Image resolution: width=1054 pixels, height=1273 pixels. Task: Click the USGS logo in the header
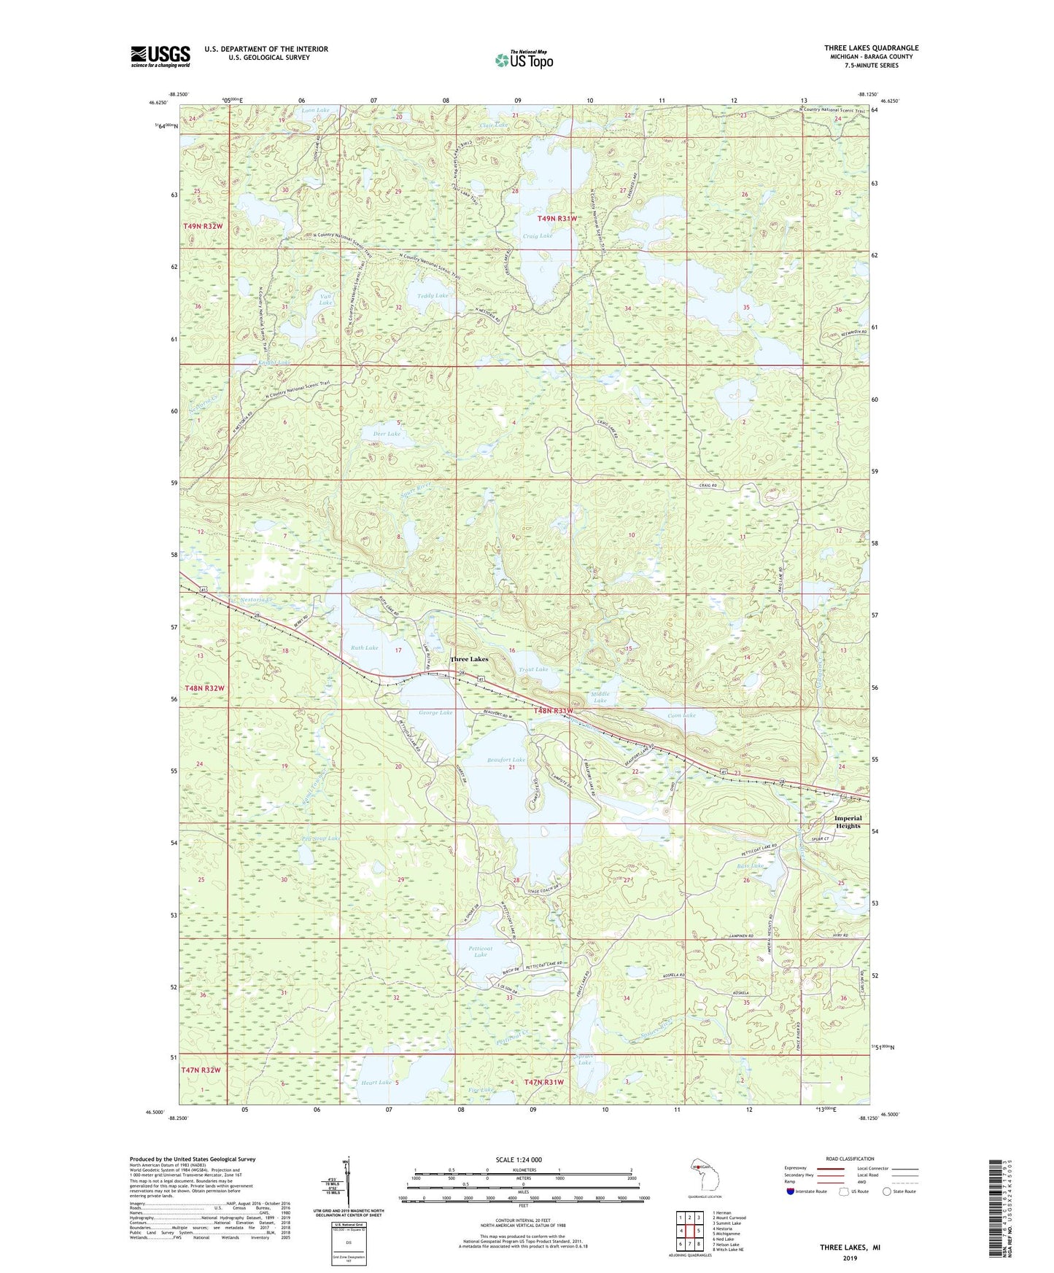click(x=160, y=56)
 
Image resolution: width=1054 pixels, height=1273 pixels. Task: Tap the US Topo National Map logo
click(x=523, y=60)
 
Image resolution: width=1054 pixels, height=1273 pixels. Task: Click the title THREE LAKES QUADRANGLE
click(x=871, y=48)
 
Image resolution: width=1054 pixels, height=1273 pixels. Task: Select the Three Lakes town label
click(x=469, y=659)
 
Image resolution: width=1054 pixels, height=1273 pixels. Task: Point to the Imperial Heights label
click(x=848, y=822)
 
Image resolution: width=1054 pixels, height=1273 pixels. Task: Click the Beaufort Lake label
click(x=506, y=760)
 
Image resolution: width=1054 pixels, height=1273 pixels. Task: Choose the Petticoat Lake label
click(x=480, y=952)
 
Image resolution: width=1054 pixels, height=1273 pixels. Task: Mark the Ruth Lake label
click(x=365, y=647)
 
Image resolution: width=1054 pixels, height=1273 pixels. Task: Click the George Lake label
click(x=435, y=712)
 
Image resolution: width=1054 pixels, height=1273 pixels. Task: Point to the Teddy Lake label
click(x=433, y=295)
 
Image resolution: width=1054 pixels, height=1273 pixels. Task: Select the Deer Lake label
click(x=387, y=434)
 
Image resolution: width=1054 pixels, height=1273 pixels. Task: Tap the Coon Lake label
click(x=682, y=715)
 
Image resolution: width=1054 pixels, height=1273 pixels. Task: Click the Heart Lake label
click(x=376, y=1082)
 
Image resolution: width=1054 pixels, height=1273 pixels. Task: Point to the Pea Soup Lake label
click(x=320, y=838)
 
